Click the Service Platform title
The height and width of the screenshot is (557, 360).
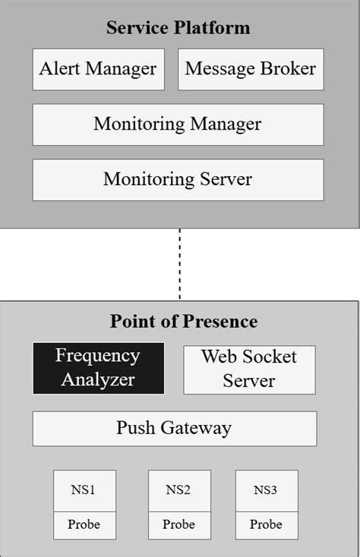tap(178, 28)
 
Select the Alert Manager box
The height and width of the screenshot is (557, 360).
tap(98, 69)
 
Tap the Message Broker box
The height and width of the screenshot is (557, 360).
tap(251, 69)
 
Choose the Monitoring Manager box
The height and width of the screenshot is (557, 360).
tap(178, 124)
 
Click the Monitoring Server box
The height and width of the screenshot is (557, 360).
tap(178, 180)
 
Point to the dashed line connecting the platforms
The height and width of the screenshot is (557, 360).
tap(180, 263)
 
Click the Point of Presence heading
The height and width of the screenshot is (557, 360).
tap(183, 321)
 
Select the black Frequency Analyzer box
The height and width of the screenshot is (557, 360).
tap(98, 368)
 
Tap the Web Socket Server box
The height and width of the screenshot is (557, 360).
tap(249, 370)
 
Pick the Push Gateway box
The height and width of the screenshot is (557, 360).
tap(174, 429)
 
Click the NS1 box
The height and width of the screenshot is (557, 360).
tap(84, 490)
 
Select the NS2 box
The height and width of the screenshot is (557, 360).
tap(178, 490)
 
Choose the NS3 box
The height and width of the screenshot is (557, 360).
tap(266, 490)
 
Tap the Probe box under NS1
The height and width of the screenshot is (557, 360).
tap(84, 524)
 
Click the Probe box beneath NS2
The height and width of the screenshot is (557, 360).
tap(178, 524)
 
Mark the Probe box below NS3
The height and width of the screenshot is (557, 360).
tap(266, 524)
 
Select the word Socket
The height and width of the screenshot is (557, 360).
tap(271, 357)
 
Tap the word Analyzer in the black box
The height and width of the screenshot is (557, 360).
tap(98, 379)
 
